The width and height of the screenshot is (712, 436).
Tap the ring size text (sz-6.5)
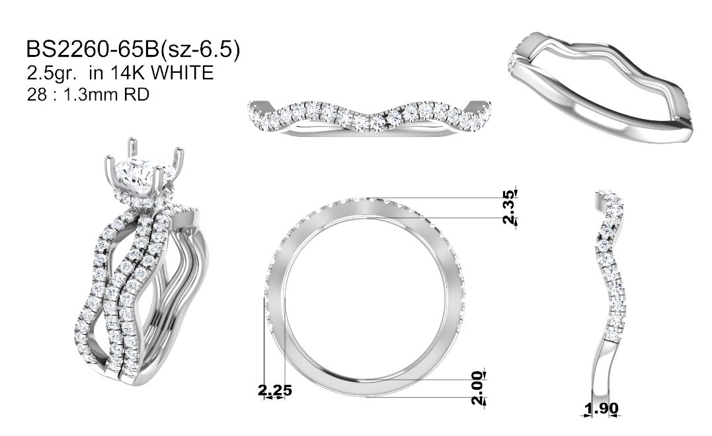(x=200, y=50)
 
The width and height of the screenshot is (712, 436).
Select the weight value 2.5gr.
(x=51, y=73)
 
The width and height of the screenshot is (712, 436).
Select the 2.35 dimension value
(x=510, y=206)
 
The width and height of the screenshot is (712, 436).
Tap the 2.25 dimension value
(x=275, y=390)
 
